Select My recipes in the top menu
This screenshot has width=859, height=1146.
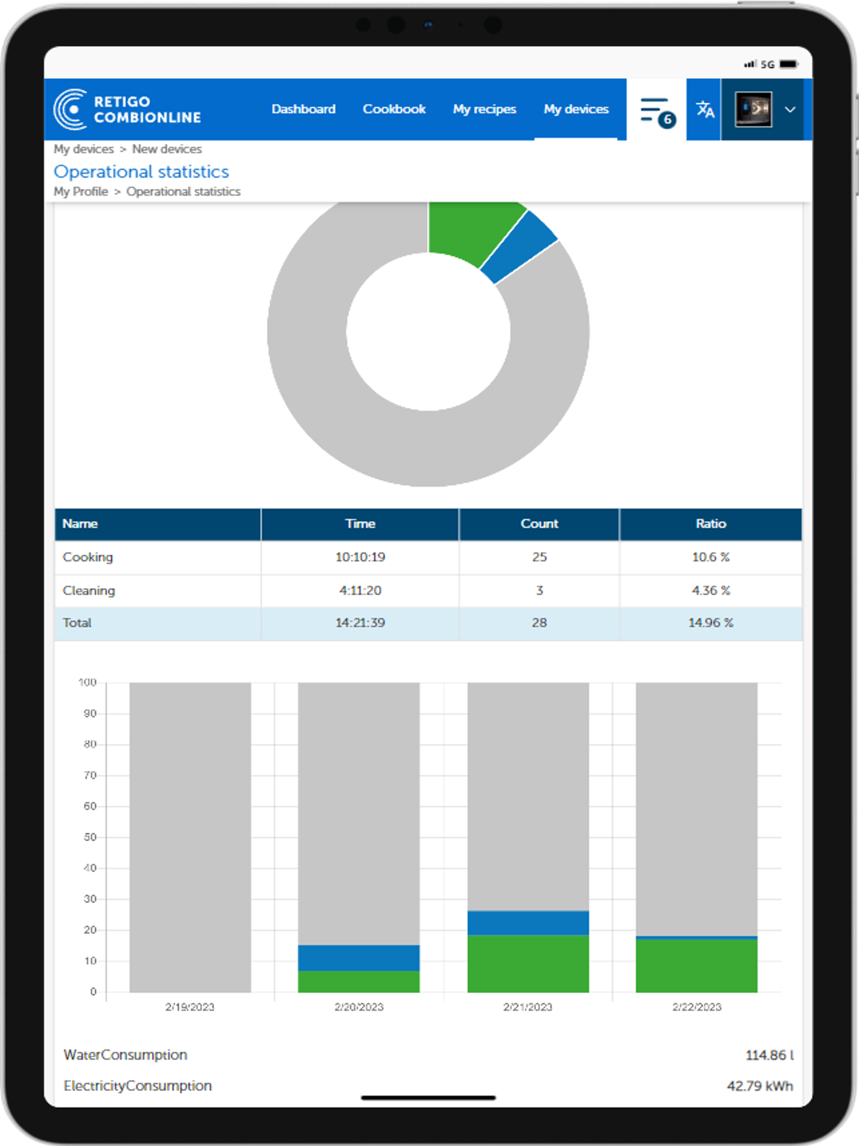(x=484, y=109)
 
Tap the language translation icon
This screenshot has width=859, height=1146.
(x=705, y=109)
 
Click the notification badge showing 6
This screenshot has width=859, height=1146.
(x=667, y=120)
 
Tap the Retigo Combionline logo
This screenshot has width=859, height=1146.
(x=128, y=109)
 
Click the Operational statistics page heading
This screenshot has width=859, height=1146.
(x=141, y=172)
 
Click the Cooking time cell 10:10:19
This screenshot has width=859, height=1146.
(x=360, y=557)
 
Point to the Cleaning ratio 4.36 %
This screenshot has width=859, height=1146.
(x=711, y=590)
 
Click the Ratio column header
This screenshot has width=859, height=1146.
(x=711, y=524)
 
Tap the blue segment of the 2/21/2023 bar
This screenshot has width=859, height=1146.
(x=528, y=923)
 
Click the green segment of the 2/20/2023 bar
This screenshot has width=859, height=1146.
(x=359, y=981)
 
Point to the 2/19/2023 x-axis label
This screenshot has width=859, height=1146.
(x=190, y=1007)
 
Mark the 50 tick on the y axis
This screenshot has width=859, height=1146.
(x=90, y=837)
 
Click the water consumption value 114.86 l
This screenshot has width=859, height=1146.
(x=769, y=1055)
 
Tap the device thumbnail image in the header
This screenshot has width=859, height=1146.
(x=753, y=109)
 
